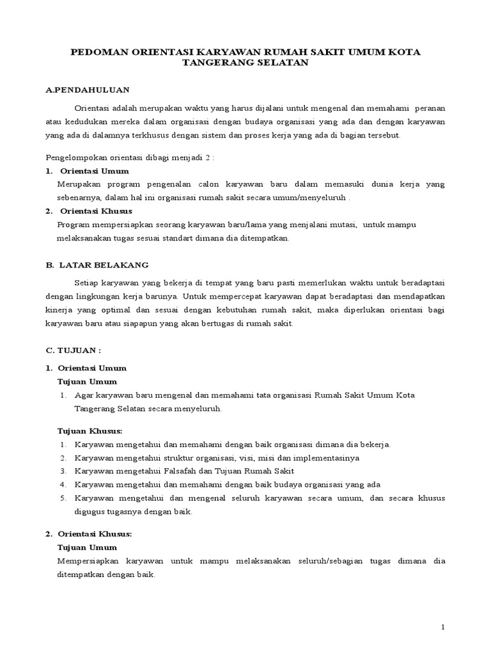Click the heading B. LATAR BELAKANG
click(97, 264)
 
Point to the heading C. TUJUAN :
click(74, 351)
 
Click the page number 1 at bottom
click(442, 627)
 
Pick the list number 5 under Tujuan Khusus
click(63, 498)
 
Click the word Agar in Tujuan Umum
click(84, 395)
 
